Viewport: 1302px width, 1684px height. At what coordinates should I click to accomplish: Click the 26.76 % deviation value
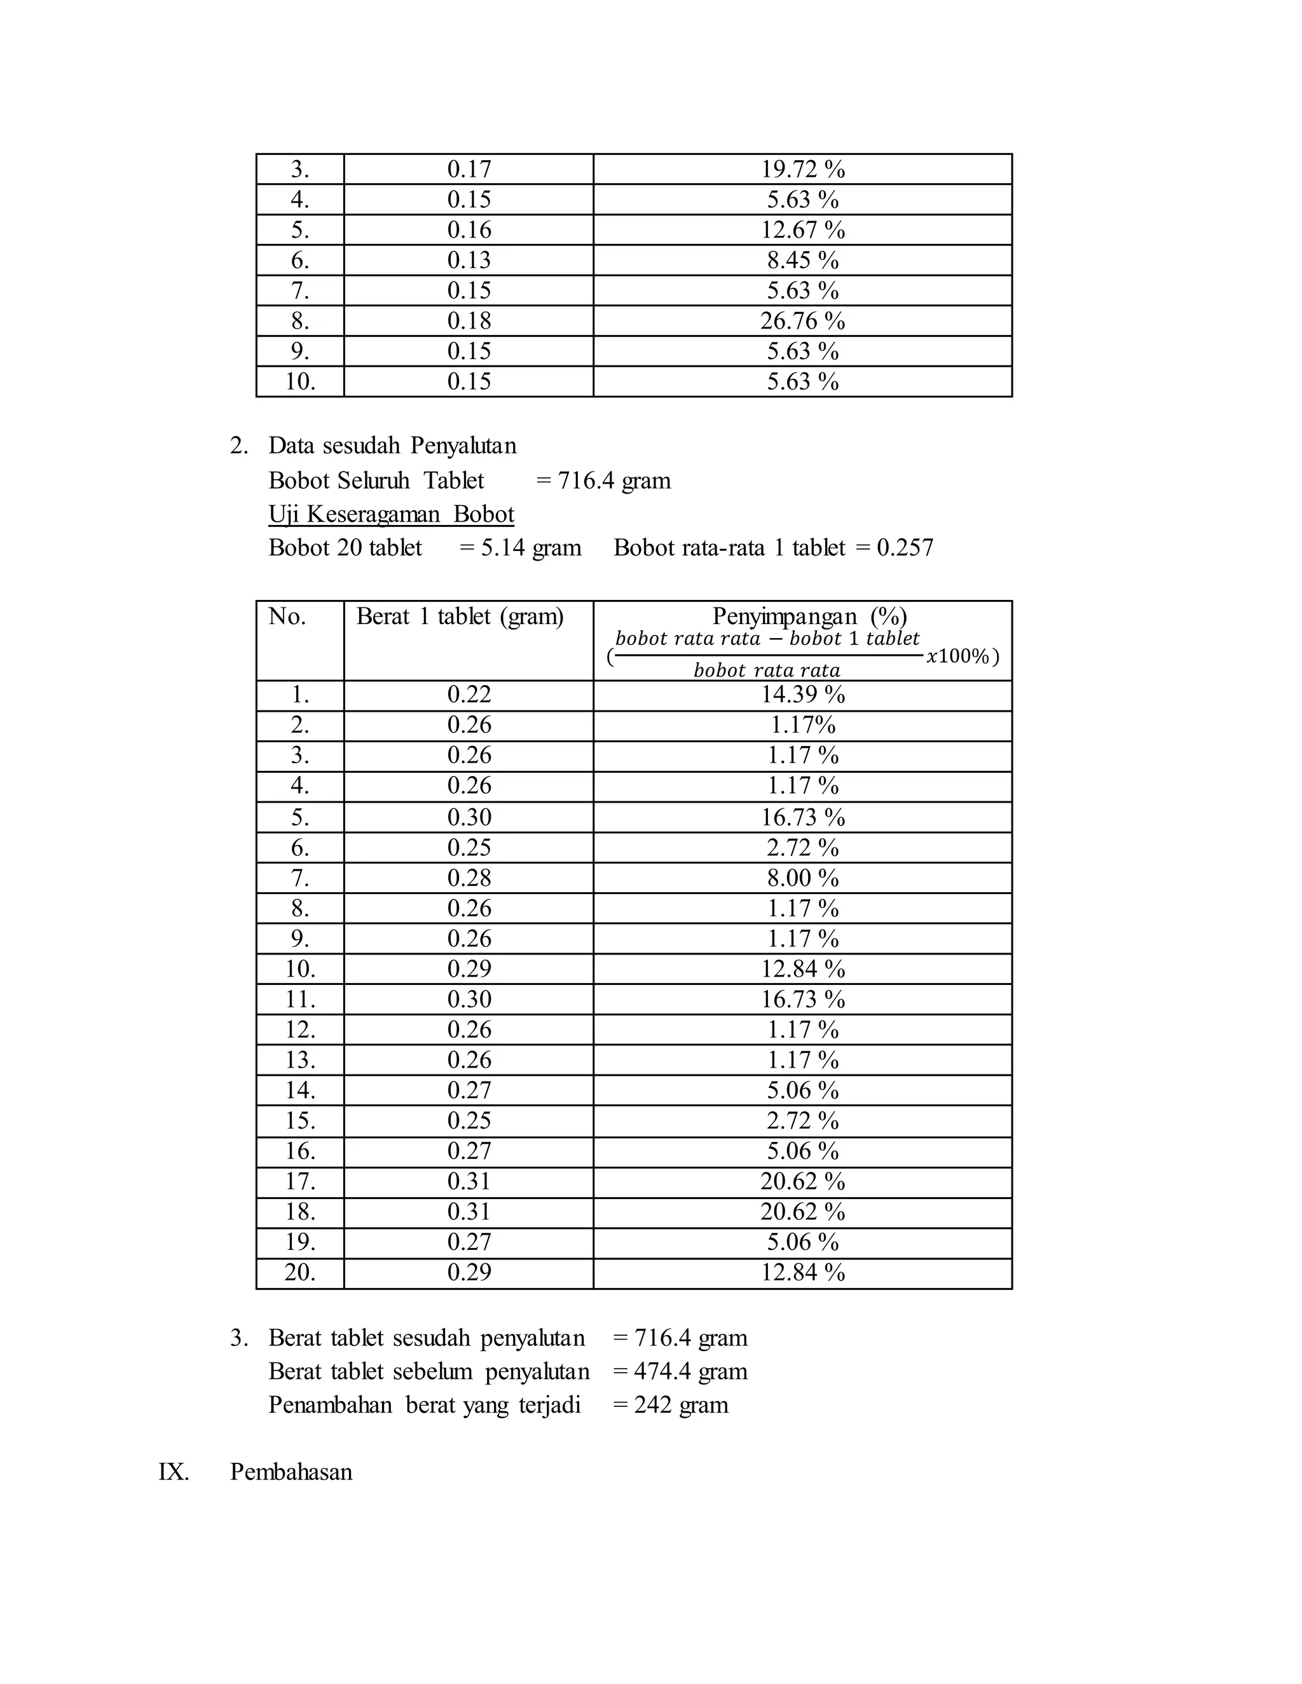coord(802,321)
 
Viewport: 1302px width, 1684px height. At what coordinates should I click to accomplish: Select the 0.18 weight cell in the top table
coord(469,321)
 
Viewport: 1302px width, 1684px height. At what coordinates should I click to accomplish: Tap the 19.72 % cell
coord(802,169)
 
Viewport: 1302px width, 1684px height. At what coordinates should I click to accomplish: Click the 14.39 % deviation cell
coord(802,695)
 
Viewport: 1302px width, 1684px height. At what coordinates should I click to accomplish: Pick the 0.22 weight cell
coord(469,695)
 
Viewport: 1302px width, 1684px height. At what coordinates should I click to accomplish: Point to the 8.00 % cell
coord(802,878)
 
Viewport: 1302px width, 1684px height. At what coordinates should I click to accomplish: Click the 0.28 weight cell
coord(469,878)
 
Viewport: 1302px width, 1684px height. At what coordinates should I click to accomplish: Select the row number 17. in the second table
coord(300,1181)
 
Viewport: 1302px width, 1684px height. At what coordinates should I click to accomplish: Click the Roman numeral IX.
coord(174,1471)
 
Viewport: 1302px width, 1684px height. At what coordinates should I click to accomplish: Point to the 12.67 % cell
coord(802,230)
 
